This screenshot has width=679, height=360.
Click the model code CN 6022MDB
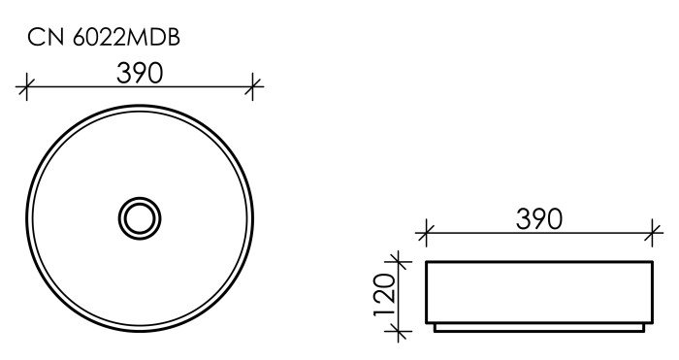(x=103, y=38)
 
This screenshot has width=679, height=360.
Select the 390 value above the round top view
(x=139, y=73)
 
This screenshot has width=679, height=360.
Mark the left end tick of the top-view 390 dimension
(x=26, y=88)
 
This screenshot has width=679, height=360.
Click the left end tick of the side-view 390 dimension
(x=425, y=233)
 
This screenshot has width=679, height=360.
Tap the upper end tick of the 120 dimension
(x=396, y=261)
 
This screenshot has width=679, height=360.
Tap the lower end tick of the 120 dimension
(x=396, y=333)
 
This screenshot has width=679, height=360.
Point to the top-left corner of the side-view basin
(x=426, y=262)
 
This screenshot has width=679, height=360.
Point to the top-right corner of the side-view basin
(x=651, y=262)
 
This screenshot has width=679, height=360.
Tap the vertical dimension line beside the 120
(x=396, y=296)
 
